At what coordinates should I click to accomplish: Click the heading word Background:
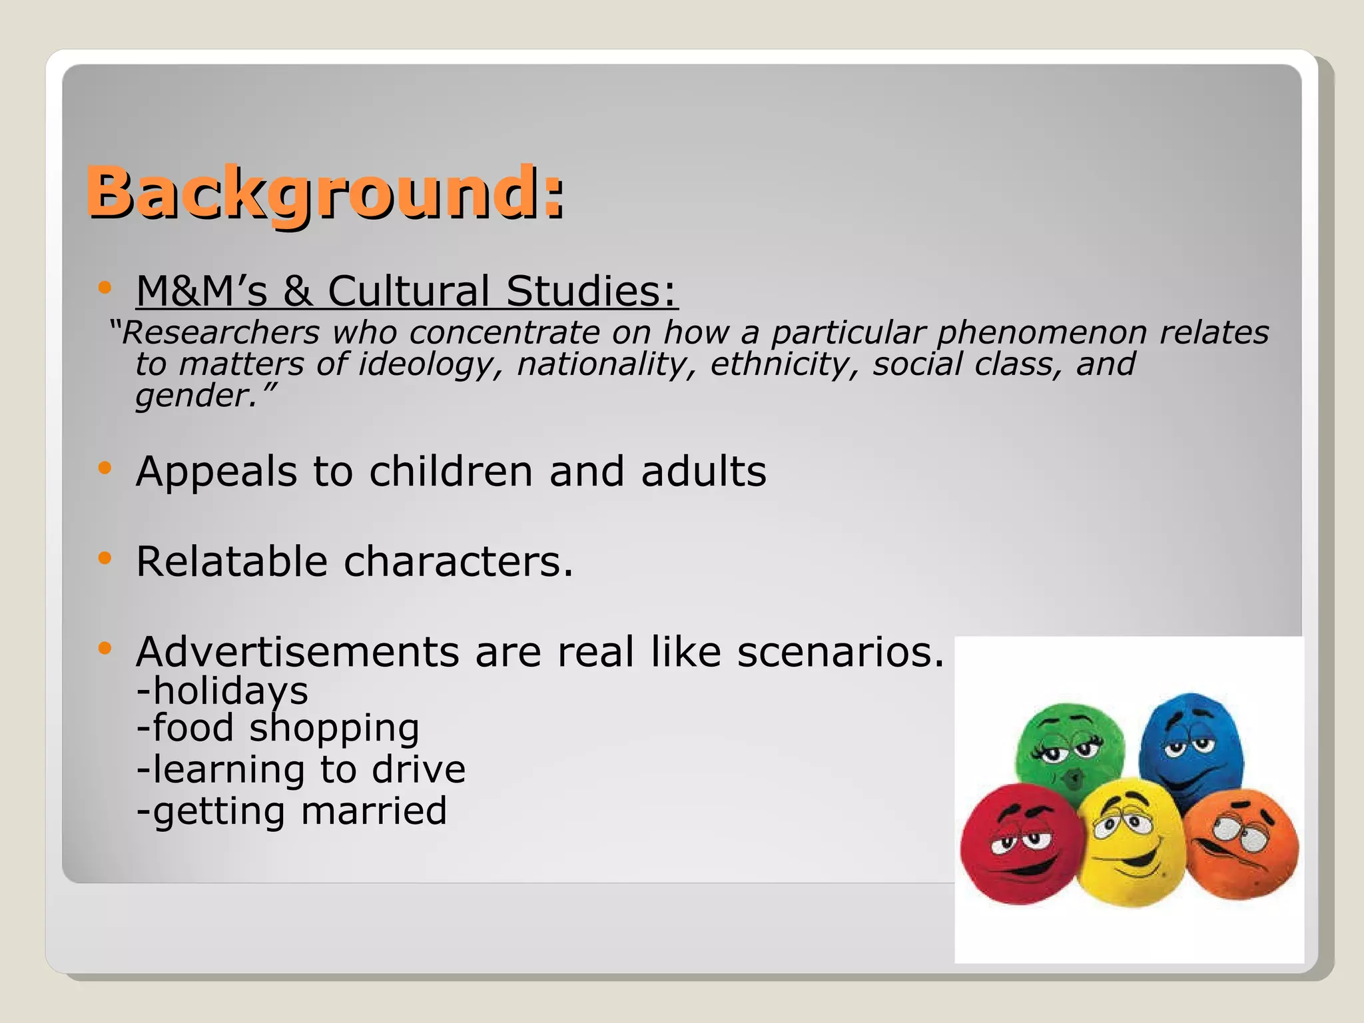[x=325, y=192]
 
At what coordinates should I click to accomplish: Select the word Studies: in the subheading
[x=591, y=292]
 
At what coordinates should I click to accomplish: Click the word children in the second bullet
[x=451, y=472]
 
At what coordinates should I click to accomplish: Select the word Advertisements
[x=297, y=651]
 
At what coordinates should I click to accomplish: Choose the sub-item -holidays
[x=222, y=691]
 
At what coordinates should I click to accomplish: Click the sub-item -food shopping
[x=278, y=728]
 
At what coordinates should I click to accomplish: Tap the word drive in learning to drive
[x=418, y=769]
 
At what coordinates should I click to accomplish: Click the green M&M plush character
[x=1069, y=749]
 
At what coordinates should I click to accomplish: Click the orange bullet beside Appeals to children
[x=104, y=469]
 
